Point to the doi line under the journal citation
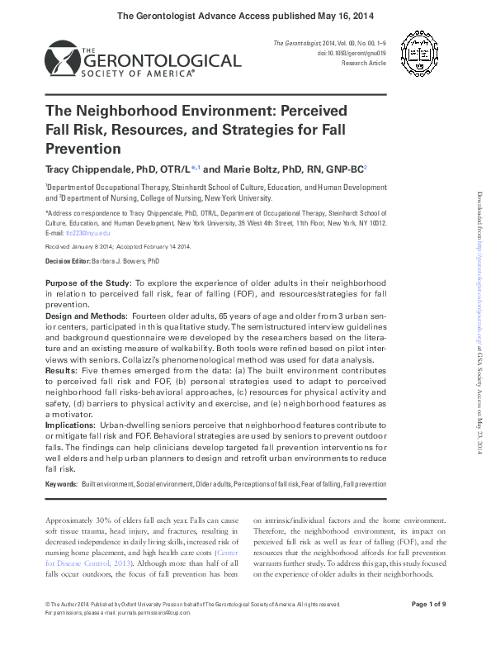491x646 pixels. [x=340, y=51]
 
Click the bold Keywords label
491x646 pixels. [x=61, y=483]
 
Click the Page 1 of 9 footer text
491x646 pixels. [x=427, y=606]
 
